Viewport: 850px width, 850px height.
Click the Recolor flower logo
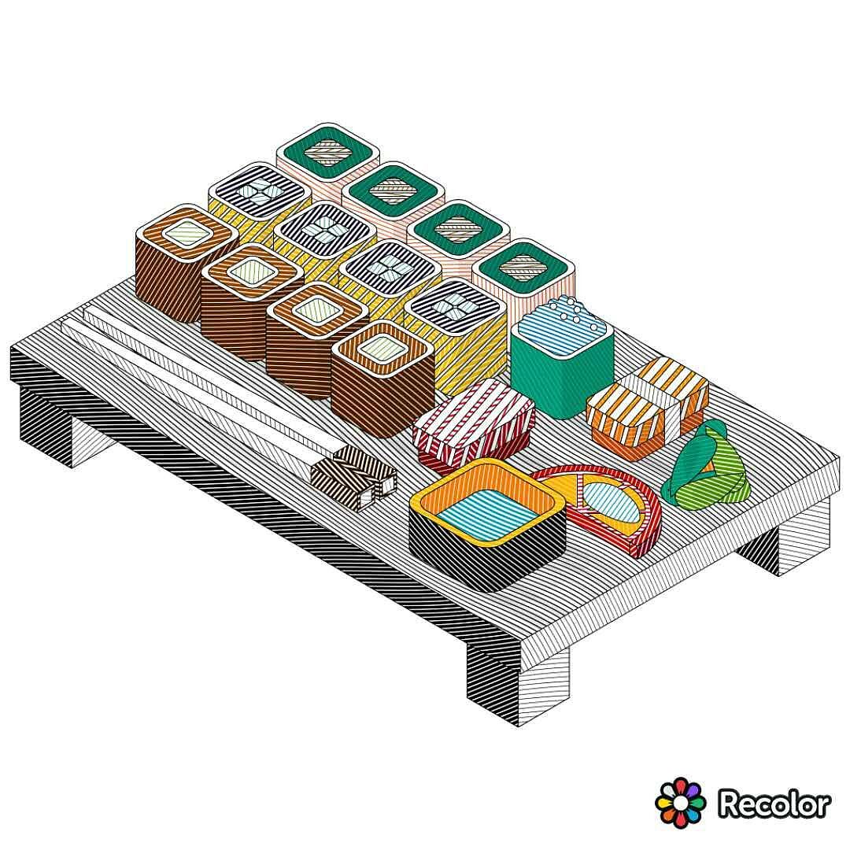tap(680, 801)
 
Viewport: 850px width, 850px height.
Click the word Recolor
tap(774, 803)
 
